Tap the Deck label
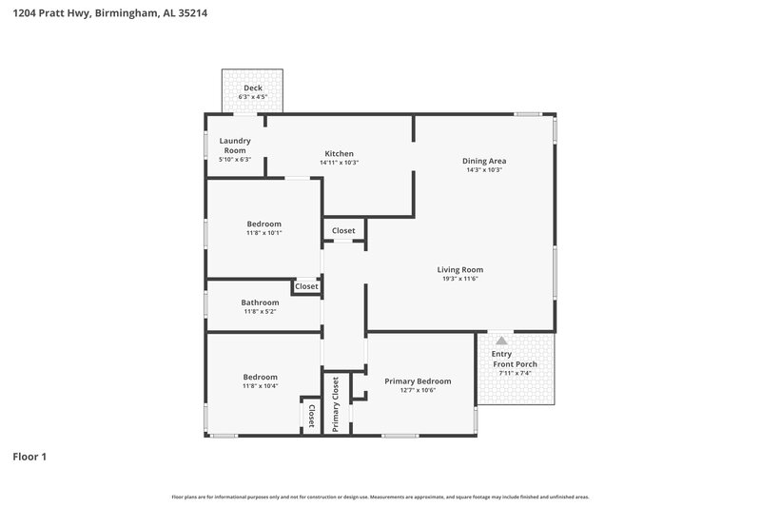[x=252, y=88]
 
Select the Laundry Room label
[x=235, y=146]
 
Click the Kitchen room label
[x=339, y=153]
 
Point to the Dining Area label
[x=483, y=161]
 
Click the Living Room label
[x=459, y=269]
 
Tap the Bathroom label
[x=260, y=302]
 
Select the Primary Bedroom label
[x=418, y=380]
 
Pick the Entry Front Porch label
[x=514, y=360]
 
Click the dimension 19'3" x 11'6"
[x=459, y=279]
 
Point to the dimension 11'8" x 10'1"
[x=263, y=233]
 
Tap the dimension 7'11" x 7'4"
[x=514, y=374]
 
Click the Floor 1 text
[x=29, y=457]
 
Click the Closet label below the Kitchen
[x=343, y=230]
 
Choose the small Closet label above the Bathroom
[x=306, y=286]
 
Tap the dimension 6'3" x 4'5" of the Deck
[x=252, y=96]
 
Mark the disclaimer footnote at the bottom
[x=380, y=497]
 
